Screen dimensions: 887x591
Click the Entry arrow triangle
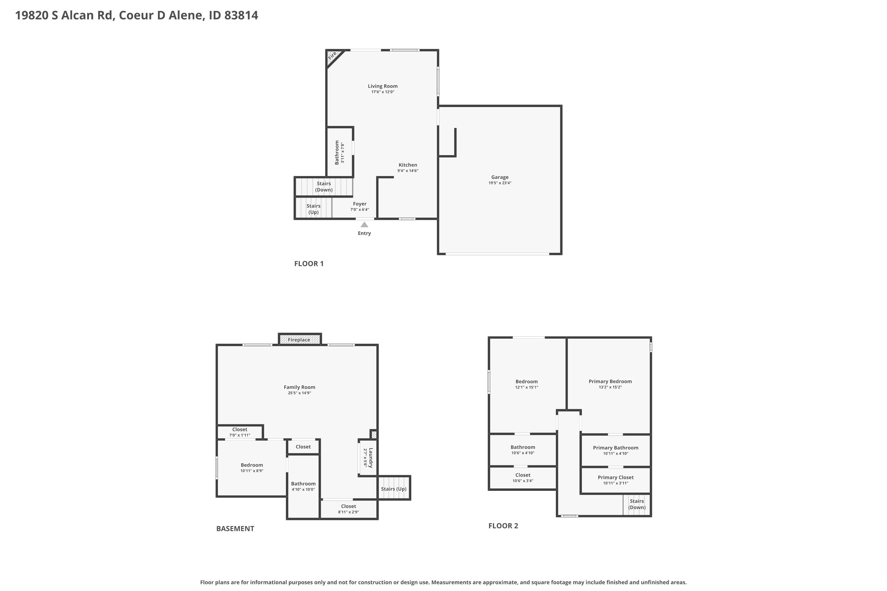[364, 225]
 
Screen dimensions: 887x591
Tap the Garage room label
[500, 177]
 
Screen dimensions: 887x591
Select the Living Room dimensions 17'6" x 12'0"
[383, 92]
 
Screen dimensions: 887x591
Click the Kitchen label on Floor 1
[408, 165]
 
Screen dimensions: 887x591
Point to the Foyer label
[360, 204]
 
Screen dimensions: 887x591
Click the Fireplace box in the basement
[300, 339]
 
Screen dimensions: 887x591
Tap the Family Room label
[300, 387]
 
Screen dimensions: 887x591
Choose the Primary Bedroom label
[610, 381]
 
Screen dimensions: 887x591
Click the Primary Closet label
[616, 478]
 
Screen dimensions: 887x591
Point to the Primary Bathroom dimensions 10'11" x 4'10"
[616, 453]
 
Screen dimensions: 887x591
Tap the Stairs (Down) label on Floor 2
[637, 504]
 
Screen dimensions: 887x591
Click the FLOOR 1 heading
[309, 264]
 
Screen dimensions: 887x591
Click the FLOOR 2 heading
[503, 526]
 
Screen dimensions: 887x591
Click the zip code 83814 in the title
[241, 15]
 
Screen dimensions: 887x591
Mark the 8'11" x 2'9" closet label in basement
[349, 512]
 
